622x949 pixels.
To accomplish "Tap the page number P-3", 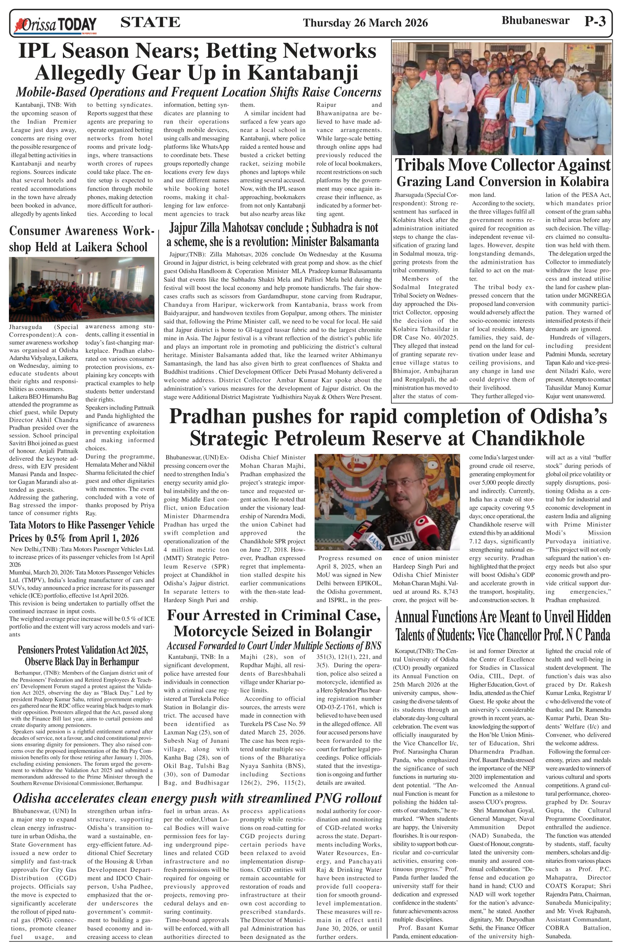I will coord(595,21).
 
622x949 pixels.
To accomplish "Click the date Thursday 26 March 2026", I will coord(365,23).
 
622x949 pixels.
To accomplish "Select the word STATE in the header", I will coord(150,22).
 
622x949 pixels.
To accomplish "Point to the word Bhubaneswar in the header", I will coord(535,21).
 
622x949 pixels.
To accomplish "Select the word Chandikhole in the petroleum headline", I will coord(528,438).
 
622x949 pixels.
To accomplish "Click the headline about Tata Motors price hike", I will coord(82,532).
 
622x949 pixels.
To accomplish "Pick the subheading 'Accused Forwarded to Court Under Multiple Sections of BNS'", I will coord(273,646).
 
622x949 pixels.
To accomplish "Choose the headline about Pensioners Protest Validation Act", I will coord(83,656).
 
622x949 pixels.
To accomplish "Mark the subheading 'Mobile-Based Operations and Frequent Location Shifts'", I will coord(198,92).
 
